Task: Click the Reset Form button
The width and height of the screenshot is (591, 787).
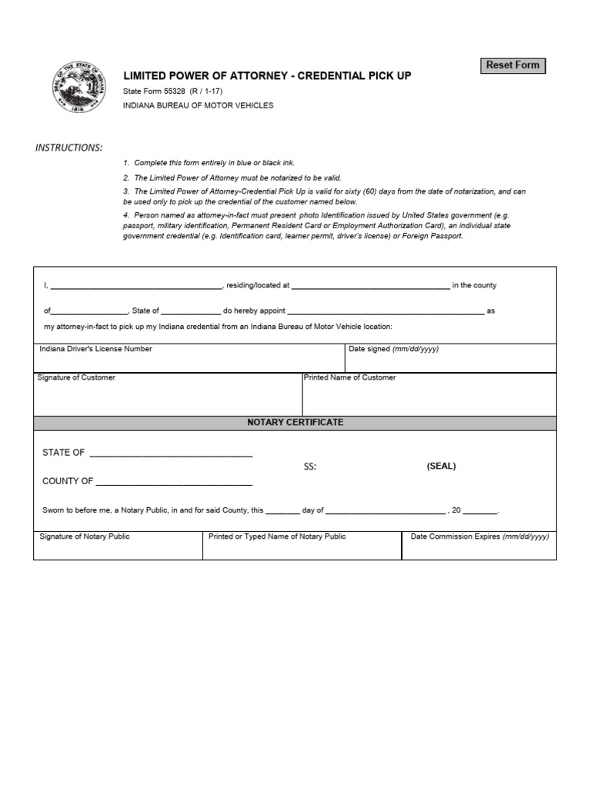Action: (x=513, y=65)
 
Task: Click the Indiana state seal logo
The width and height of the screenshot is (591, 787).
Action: (x=79, y=87)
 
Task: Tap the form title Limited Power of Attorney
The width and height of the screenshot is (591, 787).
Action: (x=267, y=75)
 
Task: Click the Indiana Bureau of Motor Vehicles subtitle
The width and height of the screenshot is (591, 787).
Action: (x=198, y=105)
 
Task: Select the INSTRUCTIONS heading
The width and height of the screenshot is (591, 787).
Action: (x=68, y=148)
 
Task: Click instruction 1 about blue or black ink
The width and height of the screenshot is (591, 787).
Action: (x=209, y=163)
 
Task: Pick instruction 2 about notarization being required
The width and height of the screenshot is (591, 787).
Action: (x=232, y=178)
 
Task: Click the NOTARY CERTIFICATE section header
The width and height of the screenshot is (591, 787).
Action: (x=295, y=423)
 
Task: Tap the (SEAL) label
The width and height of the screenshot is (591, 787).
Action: (x=441, y=466)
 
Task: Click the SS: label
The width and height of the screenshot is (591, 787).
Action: (x=309, y=467)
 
